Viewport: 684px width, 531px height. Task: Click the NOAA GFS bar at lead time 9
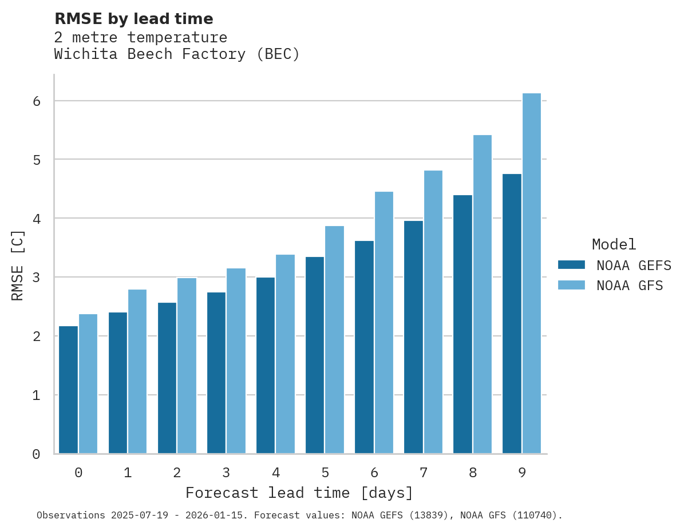[532, 274]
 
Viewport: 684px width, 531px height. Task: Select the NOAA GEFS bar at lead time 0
[69, 390]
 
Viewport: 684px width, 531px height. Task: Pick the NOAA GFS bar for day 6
[384, 323]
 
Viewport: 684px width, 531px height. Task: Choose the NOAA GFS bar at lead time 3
[236, 361]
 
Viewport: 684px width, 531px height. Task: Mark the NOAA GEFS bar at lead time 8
[462, 324]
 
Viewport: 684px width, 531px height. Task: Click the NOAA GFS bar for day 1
[137, 372]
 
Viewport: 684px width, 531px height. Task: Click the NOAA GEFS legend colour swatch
[571, 265]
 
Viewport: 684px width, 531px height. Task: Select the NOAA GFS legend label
[630, 286]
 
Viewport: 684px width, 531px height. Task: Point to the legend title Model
[614, 244]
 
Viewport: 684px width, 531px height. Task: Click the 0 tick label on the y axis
[35, 454]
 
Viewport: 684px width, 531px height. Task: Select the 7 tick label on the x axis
[424, 473]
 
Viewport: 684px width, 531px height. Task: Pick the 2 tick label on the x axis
[177, 473]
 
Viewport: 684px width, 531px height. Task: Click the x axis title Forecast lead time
[299, 493]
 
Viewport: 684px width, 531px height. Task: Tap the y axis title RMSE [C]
[18, 265]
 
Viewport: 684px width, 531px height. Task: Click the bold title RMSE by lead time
[133, 19]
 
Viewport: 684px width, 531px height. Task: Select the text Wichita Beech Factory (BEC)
[177, 54]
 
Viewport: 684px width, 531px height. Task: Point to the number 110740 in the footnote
[533, 516]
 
